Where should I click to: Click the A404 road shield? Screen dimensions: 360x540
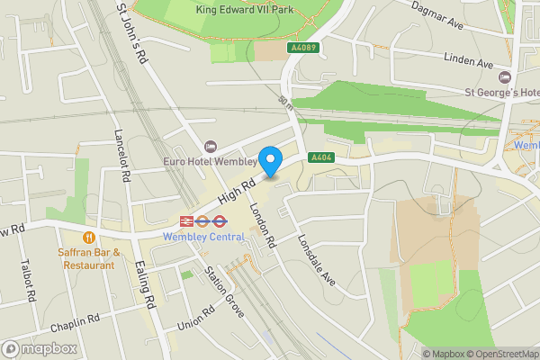321,157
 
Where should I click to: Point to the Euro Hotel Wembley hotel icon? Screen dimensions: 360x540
211,146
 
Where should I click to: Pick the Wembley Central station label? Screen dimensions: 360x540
203,237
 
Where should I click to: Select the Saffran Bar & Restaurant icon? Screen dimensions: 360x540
88,238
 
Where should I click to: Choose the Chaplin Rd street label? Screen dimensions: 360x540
74,324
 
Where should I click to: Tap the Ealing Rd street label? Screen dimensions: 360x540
145,282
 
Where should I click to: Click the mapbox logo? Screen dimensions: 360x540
38,347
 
